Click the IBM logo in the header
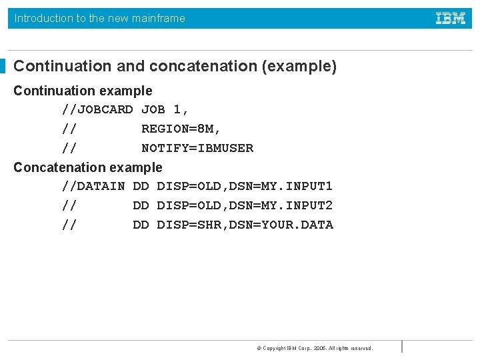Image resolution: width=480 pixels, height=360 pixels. tap(451, 19)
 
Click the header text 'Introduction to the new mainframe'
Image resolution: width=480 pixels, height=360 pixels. tap(100, 19)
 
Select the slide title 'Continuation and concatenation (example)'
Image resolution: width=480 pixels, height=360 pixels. tap(175, 66)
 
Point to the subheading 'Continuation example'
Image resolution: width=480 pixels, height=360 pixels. tap(83, 91)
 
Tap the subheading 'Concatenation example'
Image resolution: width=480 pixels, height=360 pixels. tap(88, 167)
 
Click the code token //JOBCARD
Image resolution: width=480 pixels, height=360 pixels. tap(97, 109)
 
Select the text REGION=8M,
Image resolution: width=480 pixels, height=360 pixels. tap(181, 129)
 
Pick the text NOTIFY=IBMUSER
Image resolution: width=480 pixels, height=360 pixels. tap(197, 148)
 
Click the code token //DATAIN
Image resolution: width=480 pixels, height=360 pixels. tap(93, 186)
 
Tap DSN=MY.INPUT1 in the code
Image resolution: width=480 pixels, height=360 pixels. tap(281, 186)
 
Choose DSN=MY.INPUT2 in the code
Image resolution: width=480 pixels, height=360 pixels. tap(281, 205)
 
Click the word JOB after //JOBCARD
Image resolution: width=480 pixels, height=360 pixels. tap(153, 109)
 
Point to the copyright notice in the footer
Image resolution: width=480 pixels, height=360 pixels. tap(315, 348)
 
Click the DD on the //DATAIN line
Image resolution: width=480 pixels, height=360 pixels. tap(141, 186)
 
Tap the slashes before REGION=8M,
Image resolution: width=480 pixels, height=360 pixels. tap(69, 129)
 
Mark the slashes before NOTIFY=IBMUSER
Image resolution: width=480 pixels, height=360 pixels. tap(69, 148)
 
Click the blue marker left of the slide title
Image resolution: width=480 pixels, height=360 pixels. tap(3, 66)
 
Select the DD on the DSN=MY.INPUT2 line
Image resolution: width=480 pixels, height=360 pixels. tap(141, 205)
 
